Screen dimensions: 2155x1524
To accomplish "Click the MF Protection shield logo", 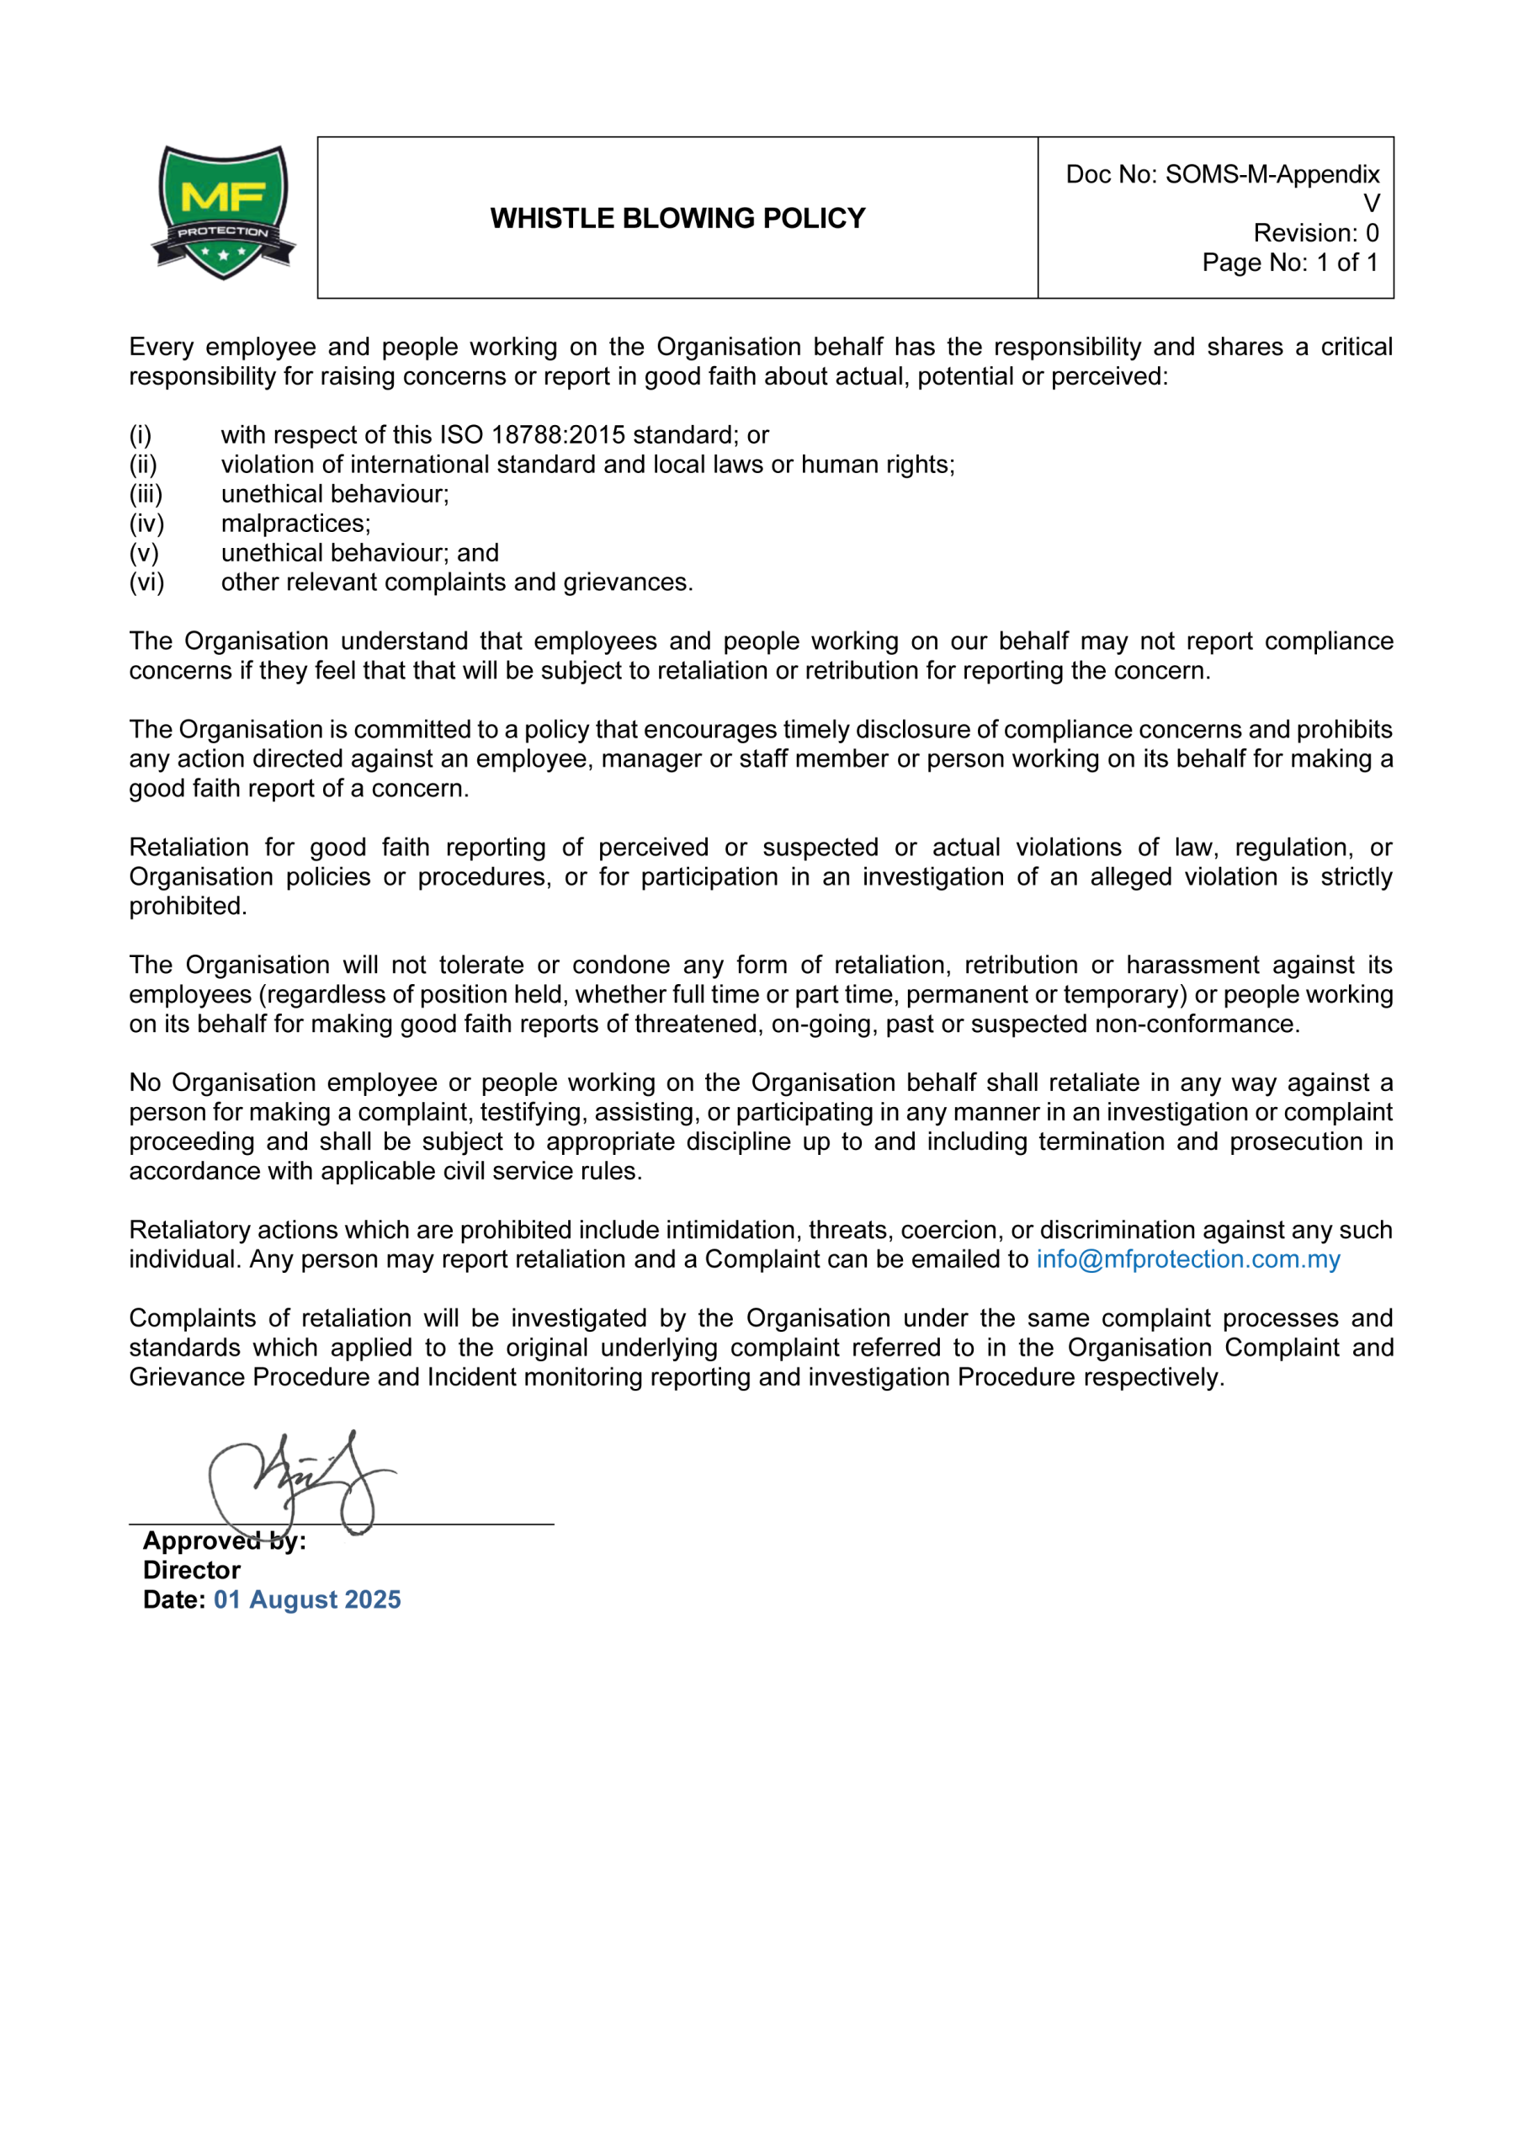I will pos(223,212).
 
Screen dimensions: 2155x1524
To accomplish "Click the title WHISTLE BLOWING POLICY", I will pos(677,219).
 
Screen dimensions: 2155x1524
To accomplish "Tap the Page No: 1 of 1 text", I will pos(1289,263).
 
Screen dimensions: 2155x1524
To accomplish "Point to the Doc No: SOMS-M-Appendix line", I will pos(1222,174).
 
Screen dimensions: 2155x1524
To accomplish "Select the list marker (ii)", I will pos(144,465).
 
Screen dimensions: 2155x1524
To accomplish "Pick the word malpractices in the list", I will pos(295,524).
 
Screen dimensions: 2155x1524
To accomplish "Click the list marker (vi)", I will pos(146,583).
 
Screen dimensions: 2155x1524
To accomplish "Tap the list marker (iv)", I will pos(146,524).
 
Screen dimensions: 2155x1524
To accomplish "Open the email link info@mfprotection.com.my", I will pos(1187,1259).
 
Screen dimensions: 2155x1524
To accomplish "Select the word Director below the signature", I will pos(191,1570).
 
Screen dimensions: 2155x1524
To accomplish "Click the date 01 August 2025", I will pos(307,1600).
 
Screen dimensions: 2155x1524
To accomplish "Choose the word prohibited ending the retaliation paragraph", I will pos(187,907).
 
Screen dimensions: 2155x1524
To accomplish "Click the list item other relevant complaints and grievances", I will pos(456,583).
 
